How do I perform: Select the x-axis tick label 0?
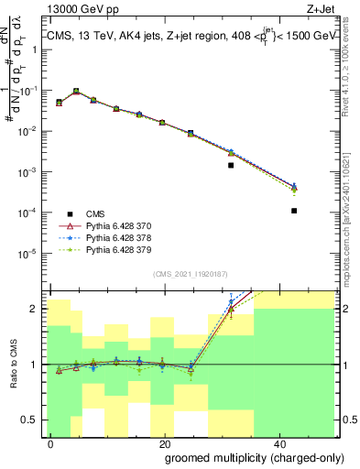point(50,442)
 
